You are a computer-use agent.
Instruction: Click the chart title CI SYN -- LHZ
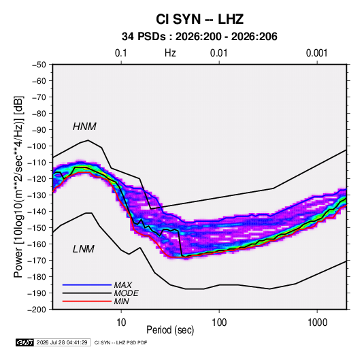point(199,19)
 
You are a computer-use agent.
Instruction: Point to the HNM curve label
point(84,127)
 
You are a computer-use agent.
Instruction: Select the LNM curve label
point(84,249)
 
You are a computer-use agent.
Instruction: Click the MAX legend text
point(123,284)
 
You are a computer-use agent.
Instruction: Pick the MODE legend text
point(127,293)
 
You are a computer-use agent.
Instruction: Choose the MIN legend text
point(121,301)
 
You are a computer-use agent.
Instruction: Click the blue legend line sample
point(87,284)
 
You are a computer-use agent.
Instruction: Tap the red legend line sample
point(87,301)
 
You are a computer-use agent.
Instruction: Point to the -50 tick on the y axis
point(39,65)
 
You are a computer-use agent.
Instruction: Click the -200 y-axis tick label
point(37,310)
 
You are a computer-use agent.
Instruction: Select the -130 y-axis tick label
point(37,195)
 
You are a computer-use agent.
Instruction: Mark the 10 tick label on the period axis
point(121,323)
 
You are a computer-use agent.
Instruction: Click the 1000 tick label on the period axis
point(317,323)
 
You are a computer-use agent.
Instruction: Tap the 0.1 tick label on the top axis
point(121,53)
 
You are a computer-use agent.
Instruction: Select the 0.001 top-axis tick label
point(316,53)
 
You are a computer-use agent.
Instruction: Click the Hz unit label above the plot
point(170,53)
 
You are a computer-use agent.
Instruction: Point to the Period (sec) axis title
point(170,330)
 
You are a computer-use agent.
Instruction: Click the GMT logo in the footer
point(25,342)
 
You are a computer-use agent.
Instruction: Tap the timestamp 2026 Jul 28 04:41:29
point(62,342)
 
